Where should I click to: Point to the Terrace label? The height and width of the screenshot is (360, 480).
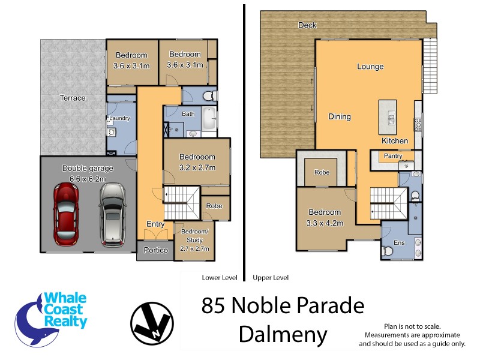tap(73, 98)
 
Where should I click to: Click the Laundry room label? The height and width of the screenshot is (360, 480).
tap(119, 118)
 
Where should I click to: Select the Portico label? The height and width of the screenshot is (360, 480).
tap(155, 250)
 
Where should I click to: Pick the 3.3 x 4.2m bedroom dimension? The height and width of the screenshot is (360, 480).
tap(325, 223)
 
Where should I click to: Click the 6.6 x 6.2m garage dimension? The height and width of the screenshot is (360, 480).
tap(88, 179)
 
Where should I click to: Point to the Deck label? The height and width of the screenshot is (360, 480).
tap(307, 25)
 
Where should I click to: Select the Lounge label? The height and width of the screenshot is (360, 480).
tap(370, 67)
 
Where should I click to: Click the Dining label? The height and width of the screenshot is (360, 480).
tap(340, 117)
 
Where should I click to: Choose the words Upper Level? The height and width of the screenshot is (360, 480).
tap(271, 278)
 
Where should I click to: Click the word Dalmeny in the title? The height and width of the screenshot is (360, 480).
tap(283, 334)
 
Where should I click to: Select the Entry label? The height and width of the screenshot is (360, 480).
tap(155, 224)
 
